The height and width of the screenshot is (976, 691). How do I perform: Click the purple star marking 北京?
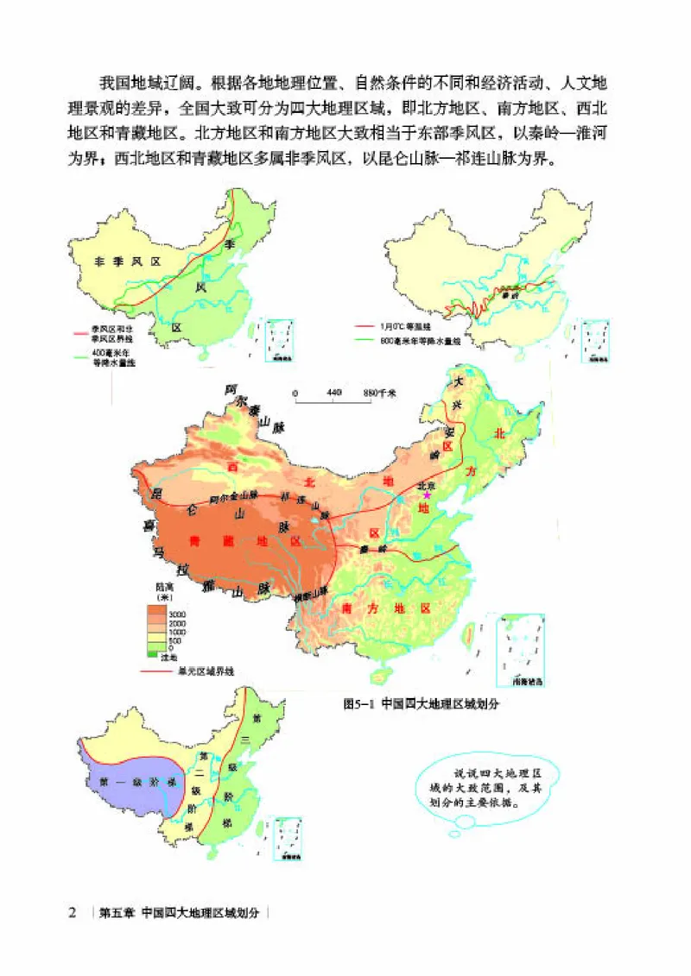point(426,494)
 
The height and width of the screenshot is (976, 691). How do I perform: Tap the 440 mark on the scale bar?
point(335,394)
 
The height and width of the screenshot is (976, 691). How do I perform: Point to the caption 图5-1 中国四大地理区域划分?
point(422,702)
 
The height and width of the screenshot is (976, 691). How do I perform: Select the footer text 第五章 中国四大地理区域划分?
point(184,912)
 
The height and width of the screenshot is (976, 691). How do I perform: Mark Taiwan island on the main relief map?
point(470,634)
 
